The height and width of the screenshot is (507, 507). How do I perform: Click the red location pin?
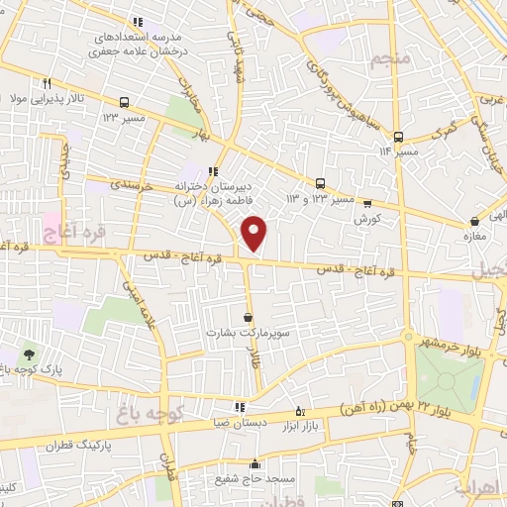coord(254,232)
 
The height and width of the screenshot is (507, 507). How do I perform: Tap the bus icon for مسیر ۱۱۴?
coord(398,137)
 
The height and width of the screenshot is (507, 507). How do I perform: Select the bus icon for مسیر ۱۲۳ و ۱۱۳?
coord(320,183)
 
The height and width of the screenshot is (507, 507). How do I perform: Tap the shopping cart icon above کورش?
coord(368,201)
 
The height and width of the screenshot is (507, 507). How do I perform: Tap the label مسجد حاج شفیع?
coord(254,479)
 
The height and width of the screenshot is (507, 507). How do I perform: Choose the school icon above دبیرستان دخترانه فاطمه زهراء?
coord(213,171)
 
